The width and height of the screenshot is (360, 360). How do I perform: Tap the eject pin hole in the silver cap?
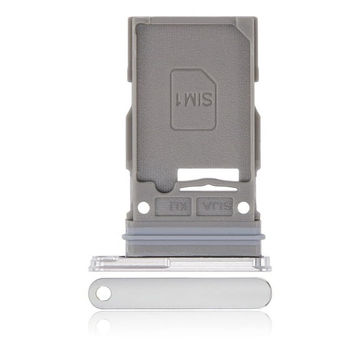pos(103,292)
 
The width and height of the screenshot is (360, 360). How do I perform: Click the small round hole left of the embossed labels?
pos(142,207)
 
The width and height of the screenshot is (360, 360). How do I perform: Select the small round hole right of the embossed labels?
pos(244,206)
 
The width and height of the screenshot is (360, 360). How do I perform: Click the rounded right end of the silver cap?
pos(266,292)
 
